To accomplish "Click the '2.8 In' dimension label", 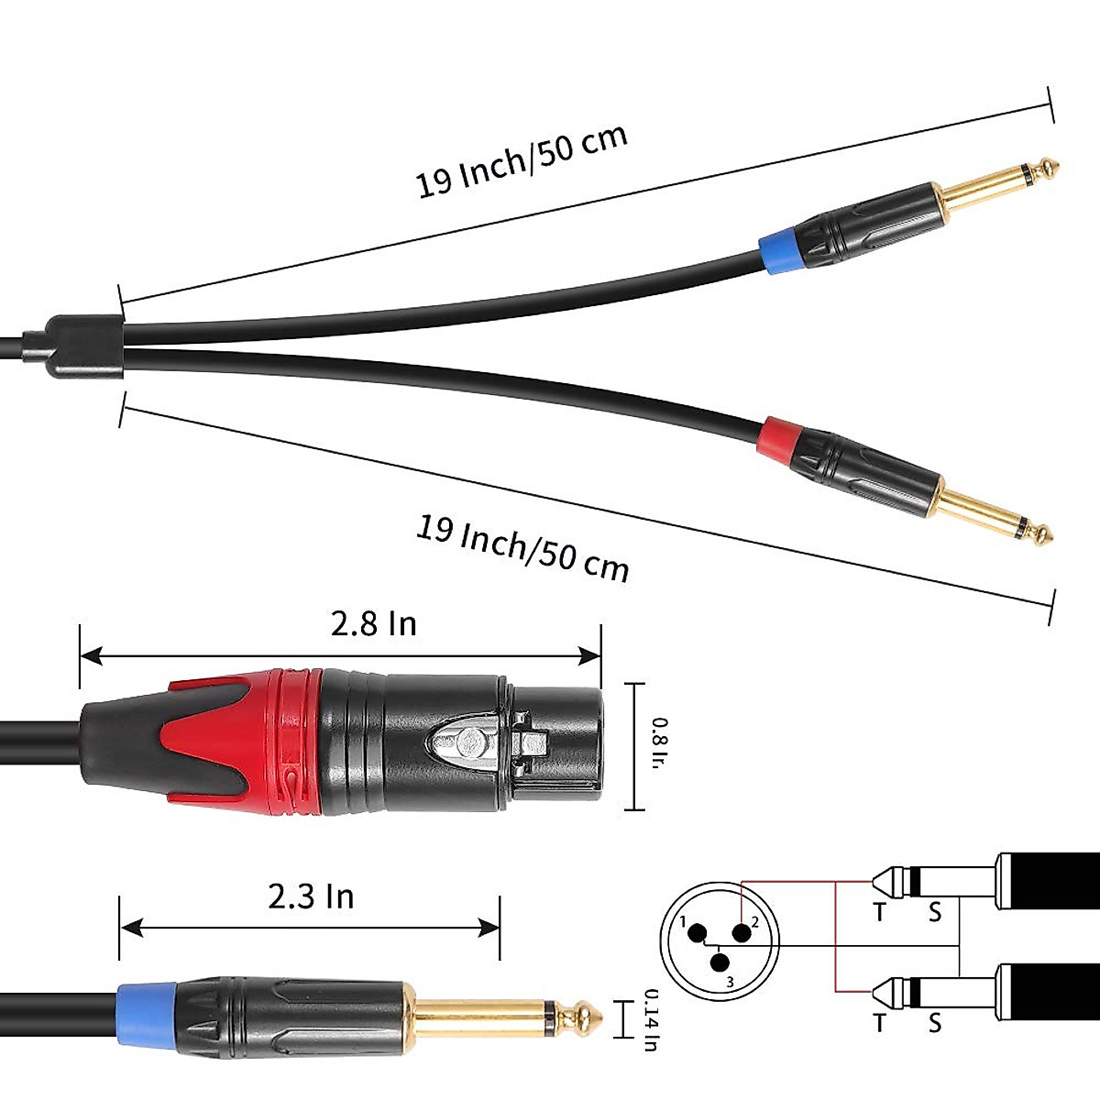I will pos(373,624).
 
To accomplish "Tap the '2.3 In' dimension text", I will pos(311,896).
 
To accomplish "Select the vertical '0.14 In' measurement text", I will pos(650,1018).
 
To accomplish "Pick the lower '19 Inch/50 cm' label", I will pos(522,548).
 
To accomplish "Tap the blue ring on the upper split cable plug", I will pos(776,247).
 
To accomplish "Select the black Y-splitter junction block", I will pos(77,348).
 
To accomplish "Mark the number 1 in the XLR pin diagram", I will pos(682,921).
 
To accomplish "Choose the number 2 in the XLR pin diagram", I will pos(755,922).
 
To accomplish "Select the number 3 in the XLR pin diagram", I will pos(730,982).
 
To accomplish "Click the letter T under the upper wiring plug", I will pos(880,912).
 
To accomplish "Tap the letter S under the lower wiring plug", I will pos(934,1022).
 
